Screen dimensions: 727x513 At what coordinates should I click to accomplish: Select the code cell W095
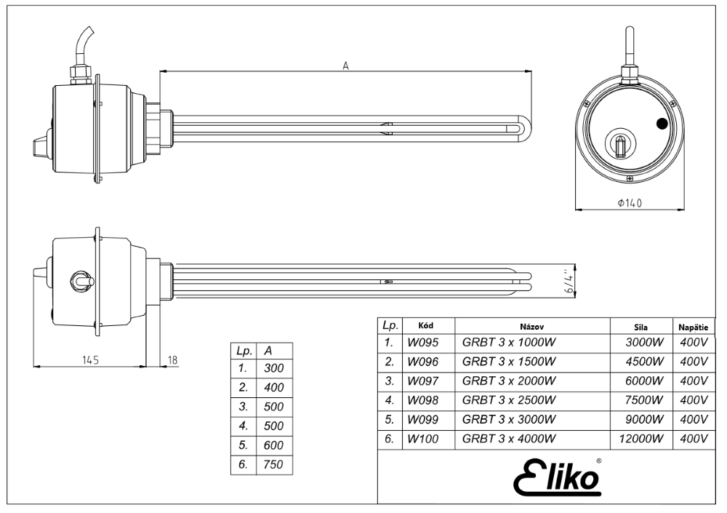pyautogui.click(x=422, y=343)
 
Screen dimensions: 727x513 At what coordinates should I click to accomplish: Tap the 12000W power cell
pyautogui.click(x=641, y=439)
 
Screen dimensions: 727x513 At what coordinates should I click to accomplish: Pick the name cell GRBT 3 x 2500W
pyautogui.click(x=509, y=400)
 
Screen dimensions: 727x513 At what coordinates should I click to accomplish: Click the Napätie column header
pyautogui.click(x=693, y=327)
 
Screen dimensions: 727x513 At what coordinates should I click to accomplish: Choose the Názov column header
pyautogui.click(x=532, y=327)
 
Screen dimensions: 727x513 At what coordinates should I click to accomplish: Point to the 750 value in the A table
pyautogui.click(x=273, y=464)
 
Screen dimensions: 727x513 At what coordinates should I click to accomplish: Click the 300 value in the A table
pyautogui.click(x=273, y=368)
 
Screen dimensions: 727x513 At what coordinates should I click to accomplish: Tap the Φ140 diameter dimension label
pyautogui.click(x=630, y=203)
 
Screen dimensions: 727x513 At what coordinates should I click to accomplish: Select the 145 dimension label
pyautogui.click(x=90, y=359)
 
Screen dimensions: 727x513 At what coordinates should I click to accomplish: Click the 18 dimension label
pyautogui.click(x=172, y=359)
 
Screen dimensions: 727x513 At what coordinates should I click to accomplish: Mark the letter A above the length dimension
pyautogui.click(x=345, y=66)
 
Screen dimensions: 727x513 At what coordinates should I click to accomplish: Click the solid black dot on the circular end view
pyautogui.click(x=662, y=124)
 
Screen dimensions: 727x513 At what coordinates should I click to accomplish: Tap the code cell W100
pyautogui.click(x=422, y=439)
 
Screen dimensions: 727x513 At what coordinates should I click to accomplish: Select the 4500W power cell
pyautogui.click(x=644, y=362)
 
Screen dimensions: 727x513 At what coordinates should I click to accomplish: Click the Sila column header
pyautogui.click(x=640, y=327)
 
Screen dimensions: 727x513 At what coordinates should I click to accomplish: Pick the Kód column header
pyautogui.click(x=425, y=325)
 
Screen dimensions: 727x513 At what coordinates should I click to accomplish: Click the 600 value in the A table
pyautogui.click(x=273, y=445)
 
